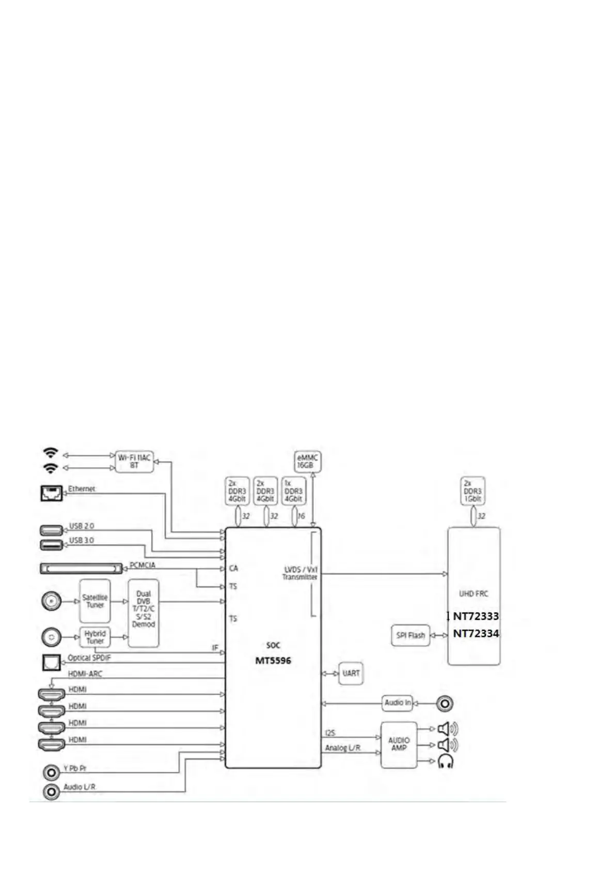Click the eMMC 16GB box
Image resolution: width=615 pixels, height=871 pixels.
pyautogui.click(x=307, y=462)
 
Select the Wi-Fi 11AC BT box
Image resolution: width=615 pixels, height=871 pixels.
pyautogui.click(x=134, y=462)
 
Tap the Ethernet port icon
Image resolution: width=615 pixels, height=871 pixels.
pyautogui.click(x=51, y=493)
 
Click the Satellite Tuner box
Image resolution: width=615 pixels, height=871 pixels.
pyautogui.click(x=95, y=601)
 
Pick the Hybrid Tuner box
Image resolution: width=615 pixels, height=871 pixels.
pyautogui.click(x=95, y=637)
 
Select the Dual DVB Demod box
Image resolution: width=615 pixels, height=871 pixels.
pyautogui.click(x=143, y=613)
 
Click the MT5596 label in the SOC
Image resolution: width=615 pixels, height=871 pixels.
pyautogui.click(x=273, y=661)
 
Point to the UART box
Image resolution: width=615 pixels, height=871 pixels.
pyautogui.click(x=351, y=674)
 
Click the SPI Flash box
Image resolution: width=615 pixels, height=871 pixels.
pyautogui.click(x=411, y=635)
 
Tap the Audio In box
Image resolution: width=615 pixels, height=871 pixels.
pyautogui.click(x=398, y=703)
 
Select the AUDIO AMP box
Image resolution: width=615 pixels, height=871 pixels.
pyautogui.click(x=399, y=744)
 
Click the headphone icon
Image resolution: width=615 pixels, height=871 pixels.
pyautogui.click(x=445, y=761)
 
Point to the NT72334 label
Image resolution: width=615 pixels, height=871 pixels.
pyautogui.click(x=476, y=633)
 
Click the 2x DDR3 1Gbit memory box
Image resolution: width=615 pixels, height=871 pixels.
pyautogui.click(x=472, y=491)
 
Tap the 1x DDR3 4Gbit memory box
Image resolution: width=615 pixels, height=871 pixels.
pyautogui.click(x=293, y=491)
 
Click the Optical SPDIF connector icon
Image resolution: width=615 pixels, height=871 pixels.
pyautogui.click(x=51, y=663)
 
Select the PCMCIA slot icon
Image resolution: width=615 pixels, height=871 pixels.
pyautogui.click(x=82, y=569)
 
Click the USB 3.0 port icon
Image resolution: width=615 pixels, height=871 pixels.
pyautogui.click(x=52, y=545)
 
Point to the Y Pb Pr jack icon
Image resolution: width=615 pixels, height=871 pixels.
pyautogui.click(x=51, y=773)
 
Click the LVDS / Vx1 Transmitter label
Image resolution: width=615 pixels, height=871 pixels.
pyautogui.click(x=300, y=573)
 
